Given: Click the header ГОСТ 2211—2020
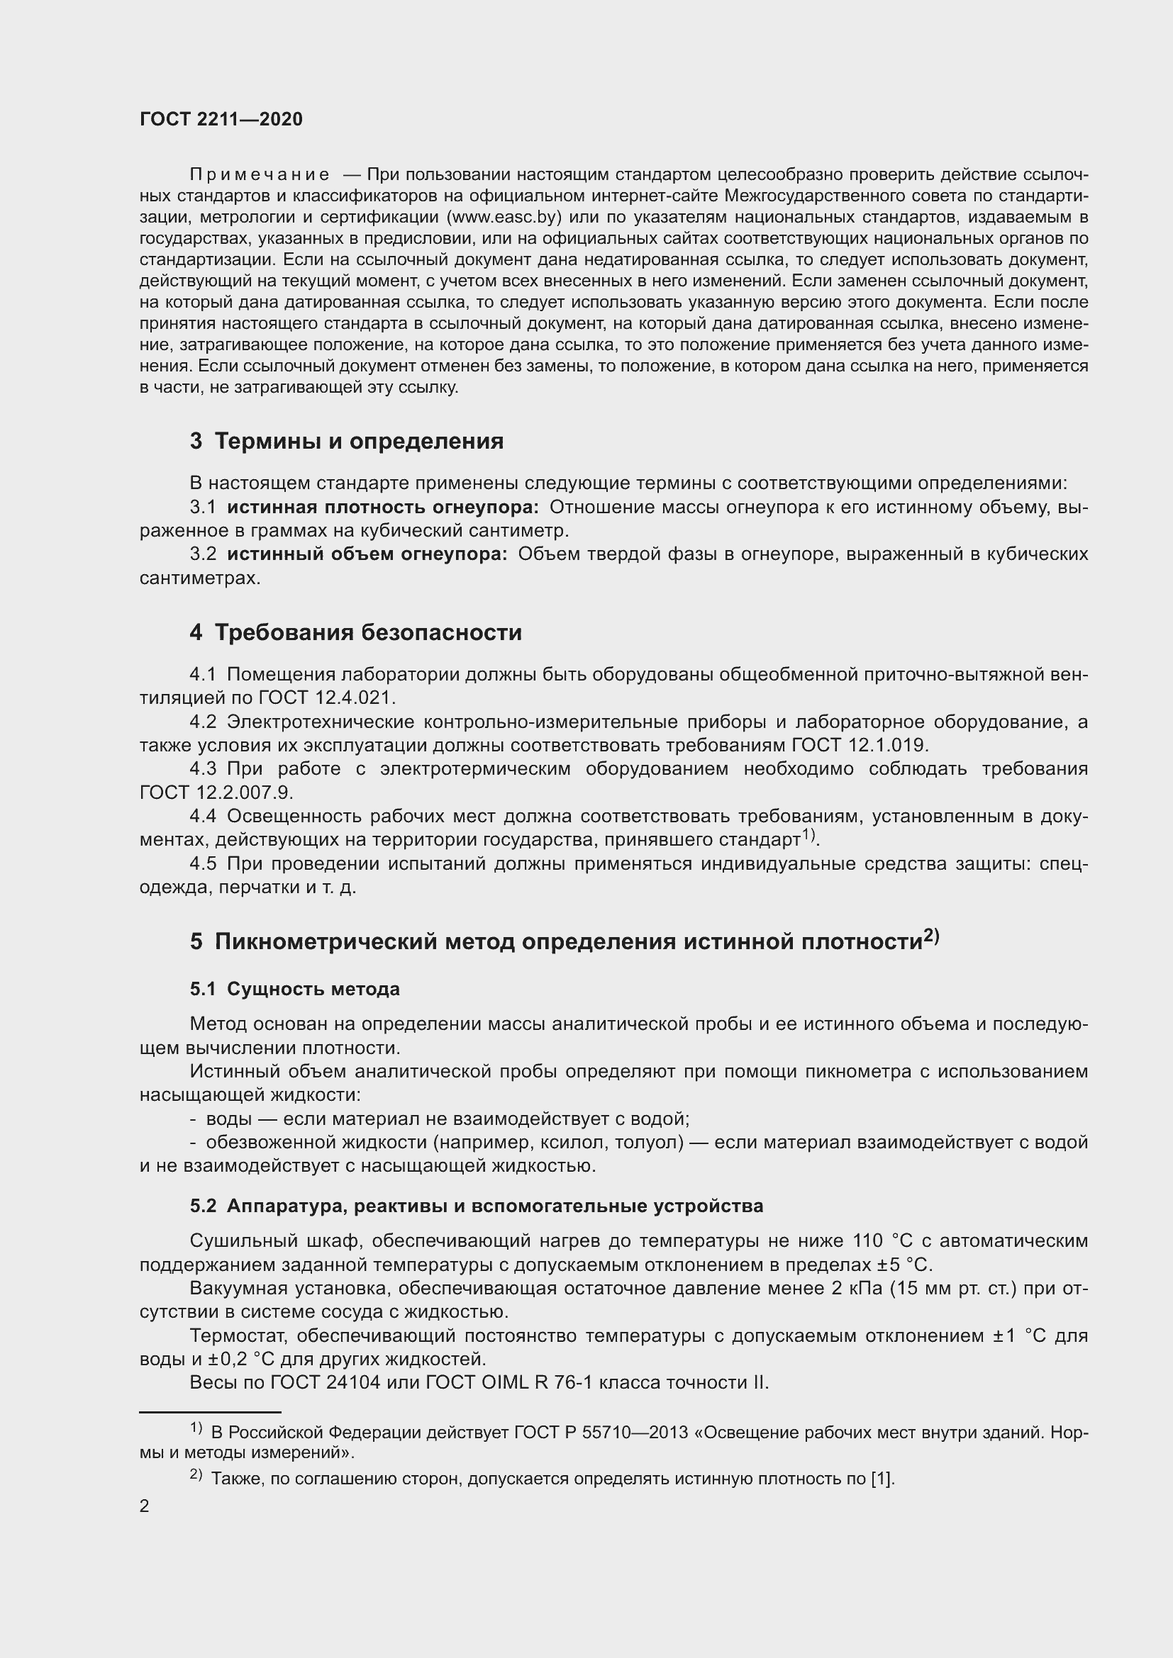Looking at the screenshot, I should pyautogui.click(x=221, y=119).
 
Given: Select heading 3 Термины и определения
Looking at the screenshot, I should pyautogui.click(x=347, y=440).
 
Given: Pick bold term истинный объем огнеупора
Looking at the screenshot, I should pyautogui.click(x=367, y=554).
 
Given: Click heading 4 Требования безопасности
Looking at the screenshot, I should pyautogui.click(x=355, y=632).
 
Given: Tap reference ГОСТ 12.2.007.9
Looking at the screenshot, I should pyautogui.click(x=216, y=792).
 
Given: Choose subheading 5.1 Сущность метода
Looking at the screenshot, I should pyautogui.click(x=295, y=989).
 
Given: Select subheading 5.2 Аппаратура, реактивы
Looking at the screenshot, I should pyautogui.click(x=477, y=1206).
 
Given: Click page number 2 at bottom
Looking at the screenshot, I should pyautogui.click(x=145, y=1506).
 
